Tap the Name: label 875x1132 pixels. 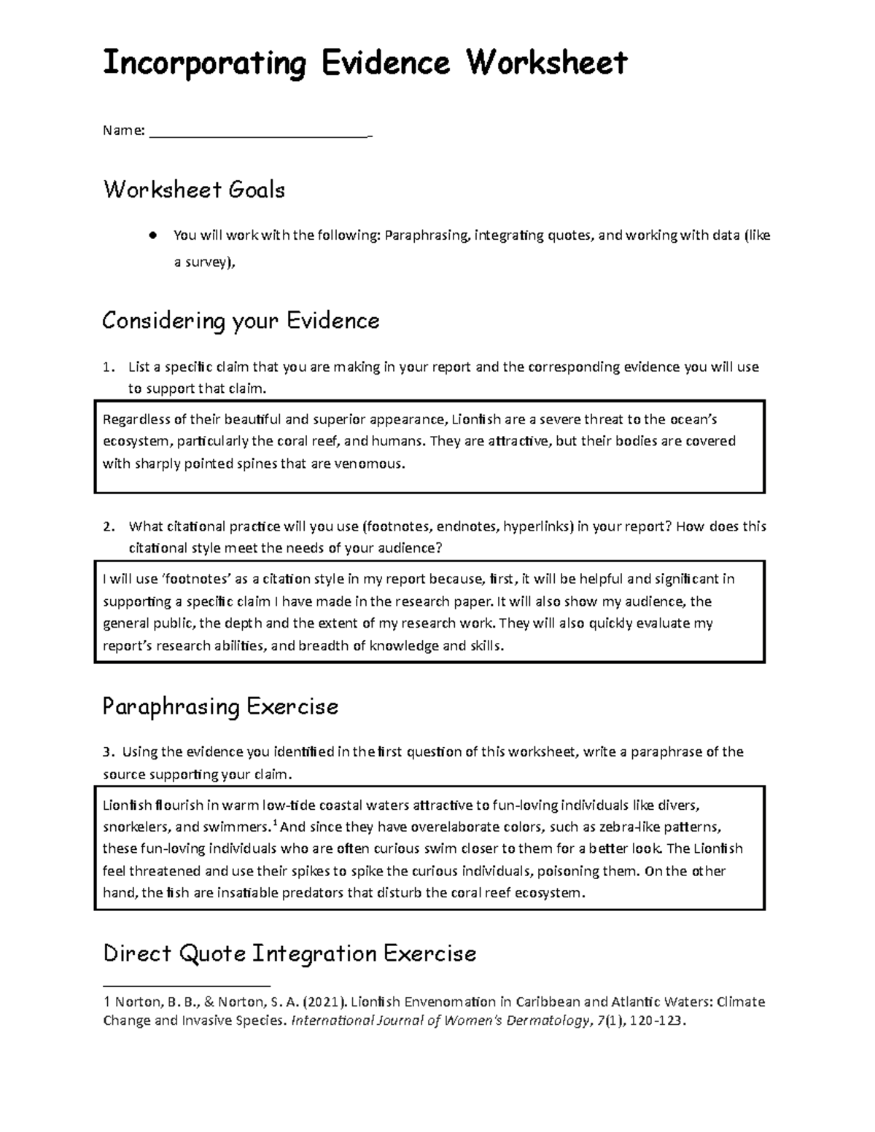[124, 131]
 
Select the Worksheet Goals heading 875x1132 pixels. [194, 190]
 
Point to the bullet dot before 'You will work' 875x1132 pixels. [152, 235]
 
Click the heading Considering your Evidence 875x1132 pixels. [241, 321]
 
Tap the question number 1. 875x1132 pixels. [108, 367]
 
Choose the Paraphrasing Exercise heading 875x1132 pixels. [220, 707]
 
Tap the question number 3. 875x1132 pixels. [108, 752]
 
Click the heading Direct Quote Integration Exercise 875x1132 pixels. [289, 953]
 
